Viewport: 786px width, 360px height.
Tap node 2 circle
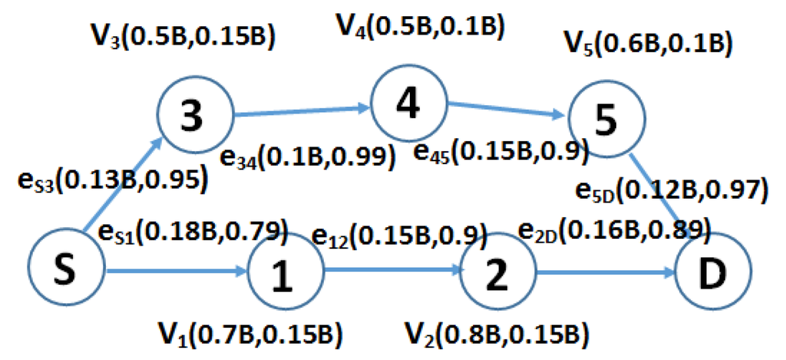[498, 273]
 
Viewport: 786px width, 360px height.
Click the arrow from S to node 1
[177, 271]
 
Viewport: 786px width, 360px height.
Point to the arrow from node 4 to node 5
[507, 111]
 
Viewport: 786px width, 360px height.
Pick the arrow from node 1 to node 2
[391, 272]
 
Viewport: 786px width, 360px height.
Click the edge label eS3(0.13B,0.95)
[111, 180]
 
